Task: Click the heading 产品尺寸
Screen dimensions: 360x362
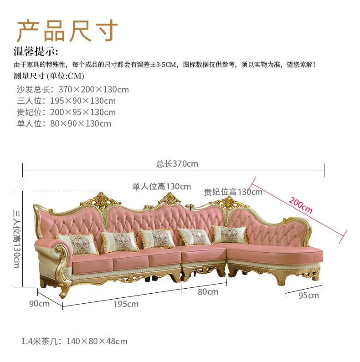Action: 67,31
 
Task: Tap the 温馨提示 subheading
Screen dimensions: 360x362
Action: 36,51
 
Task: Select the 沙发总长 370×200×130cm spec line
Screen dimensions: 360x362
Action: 73,89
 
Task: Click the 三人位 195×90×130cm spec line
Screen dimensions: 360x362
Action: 67,101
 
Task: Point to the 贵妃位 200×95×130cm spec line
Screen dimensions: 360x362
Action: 67,112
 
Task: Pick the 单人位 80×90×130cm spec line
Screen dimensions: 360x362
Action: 64,123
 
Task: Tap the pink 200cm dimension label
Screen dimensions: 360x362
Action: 300,205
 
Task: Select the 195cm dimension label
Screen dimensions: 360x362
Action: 126,304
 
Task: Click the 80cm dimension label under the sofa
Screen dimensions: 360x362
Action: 208,292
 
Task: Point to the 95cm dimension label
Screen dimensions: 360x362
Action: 309,296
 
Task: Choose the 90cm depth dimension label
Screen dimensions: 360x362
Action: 40,303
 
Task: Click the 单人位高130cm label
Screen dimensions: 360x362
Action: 162,186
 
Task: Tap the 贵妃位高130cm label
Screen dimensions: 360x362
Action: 233,192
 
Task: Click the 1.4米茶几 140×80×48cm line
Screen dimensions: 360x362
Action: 74,341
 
